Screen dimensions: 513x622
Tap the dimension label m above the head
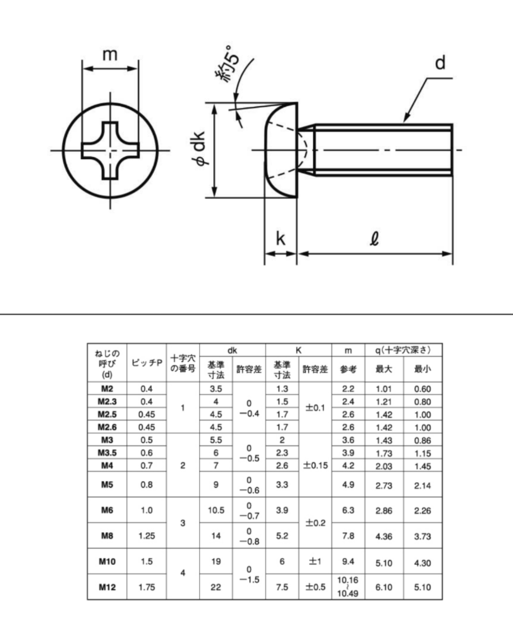pos(110,54)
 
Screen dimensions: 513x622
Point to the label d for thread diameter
pos(440,62)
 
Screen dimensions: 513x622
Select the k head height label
pos(280,238)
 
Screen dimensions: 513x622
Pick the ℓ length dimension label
pos(374,238)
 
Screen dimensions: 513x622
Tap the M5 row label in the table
pos(107,484)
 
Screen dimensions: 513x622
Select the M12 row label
pos(107,587)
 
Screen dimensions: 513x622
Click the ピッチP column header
pos(147,363)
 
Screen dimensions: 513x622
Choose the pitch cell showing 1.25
pos(147,536)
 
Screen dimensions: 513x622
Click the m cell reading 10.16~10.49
pos(348,587)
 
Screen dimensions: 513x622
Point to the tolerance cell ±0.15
pos(315,465)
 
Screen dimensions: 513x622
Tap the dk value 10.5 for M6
pos(216,510)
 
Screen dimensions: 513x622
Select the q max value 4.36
pos(384,536)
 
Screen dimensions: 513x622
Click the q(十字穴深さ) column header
pos(403,350)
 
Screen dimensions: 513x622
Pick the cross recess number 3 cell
pos(183,523)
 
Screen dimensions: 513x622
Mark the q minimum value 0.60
pos(422,389)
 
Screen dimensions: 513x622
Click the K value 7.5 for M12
pos(282,587)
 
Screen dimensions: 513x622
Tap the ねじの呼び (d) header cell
pos(107,364)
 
